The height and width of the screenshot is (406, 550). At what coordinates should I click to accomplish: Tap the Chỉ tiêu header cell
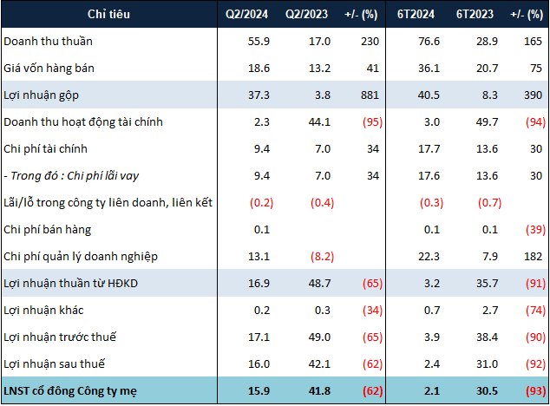click(x=108, y=15)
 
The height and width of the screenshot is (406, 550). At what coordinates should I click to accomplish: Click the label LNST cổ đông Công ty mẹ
click(x=77, y=390)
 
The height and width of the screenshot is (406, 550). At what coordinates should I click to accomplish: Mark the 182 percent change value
click(x=533, y=257)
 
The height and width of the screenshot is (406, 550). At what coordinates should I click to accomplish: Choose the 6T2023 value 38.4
click(x=478, y=337)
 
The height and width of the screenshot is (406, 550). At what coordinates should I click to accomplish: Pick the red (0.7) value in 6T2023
click(x=476, y=203)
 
